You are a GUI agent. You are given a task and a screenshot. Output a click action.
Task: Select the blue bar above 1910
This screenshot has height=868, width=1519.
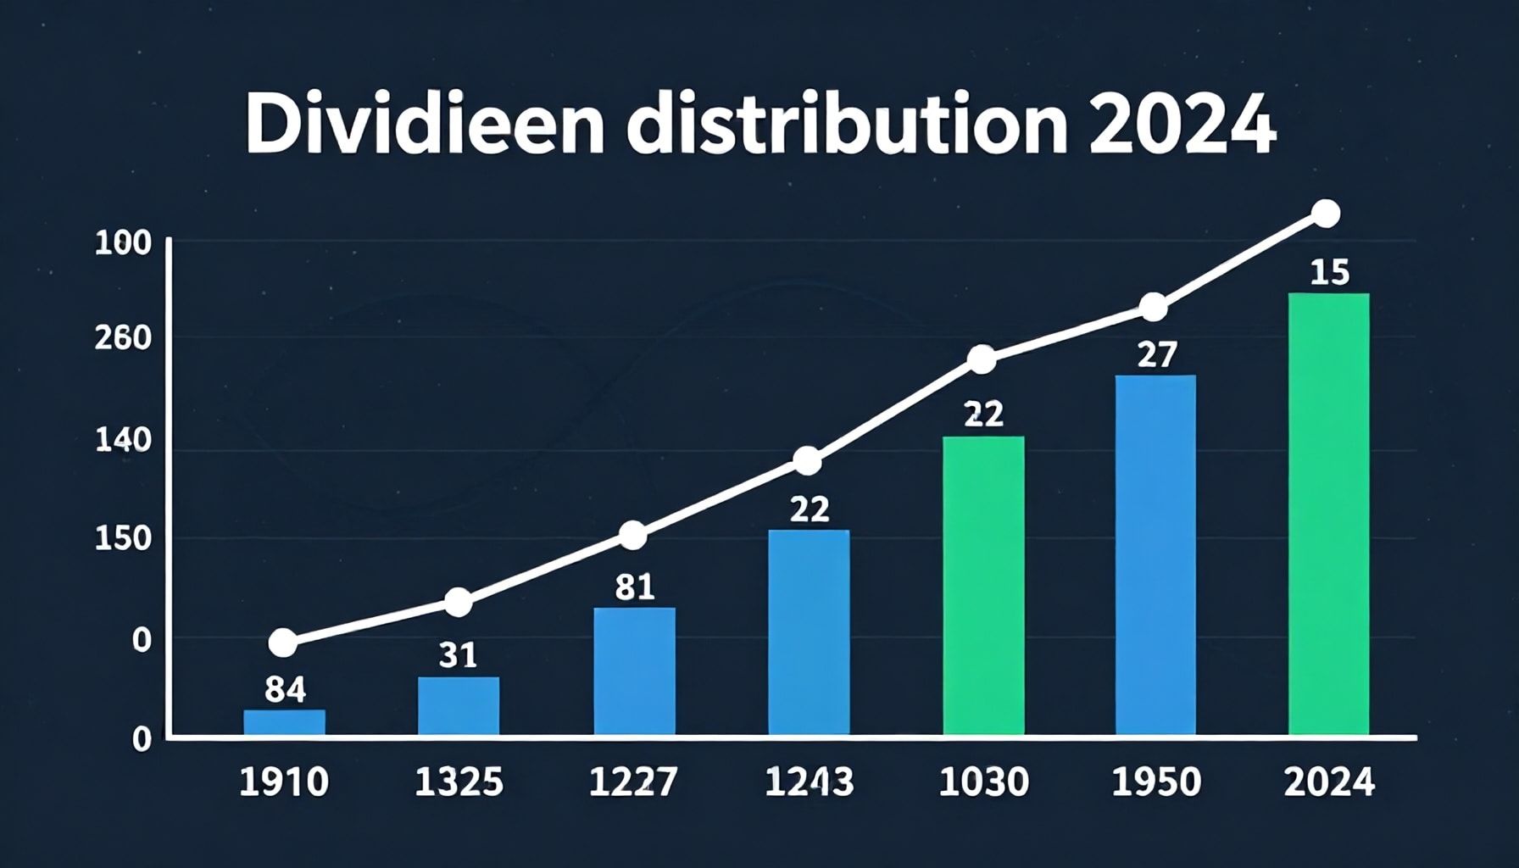click(284, 722)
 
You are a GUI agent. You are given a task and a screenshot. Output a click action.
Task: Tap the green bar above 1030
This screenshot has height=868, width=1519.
click(983, 585)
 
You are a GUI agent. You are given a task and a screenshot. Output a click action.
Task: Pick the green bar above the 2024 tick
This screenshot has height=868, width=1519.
click(1328, 513)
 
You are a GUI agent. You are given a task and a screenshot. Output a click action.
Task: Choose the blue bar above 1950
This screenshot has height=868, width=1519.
click(1155, 555)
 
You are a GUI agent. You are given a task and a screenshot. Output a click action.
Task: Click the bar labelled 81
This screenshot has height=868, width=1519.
click(634, 670)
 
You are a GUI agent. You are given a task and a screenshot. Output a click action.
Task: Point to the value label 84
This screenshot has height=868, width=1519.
click(285, 690)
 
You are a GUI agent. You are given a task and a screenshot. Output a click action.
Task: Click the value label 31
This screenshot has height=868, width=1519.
click(458, 655)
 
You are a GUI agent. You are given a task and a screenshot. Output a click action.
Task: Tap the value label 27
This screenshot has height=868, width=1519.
click(1156, 354)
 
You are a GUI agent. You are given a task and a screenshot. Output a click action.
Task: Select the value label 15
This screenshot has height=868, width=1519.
click(1329, 273)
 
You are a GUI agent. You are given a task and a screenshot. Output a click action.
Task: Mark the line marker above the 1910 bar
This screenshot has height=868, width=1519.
click(283, 643)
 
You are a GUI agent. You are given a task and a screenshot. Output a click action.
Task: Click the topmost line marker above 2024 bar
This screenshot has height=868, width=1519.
click(1326, 214)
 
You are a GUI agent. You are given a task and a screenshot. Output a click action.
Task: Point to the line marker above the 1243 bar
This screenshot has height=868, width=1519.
click(808, 462)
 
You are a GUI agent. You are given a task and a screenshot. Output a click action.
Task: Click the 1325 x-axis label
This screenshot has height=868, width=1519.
click(459, 782)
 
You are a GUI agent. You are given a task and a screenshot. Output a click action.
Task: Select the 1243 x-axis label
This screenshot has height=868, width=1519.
click(809, 782)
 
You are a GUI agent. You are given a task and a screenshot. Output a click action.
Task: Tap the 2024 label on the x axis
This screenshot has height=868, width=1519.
click(1328, 782)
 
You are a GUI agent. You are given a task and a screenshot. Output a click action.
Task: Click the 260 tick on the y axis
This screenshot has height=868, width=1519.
click(123, 339)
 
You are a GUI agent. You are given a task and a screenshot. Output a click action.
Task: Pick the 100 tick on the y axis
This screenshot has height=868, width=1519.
click(123, 244)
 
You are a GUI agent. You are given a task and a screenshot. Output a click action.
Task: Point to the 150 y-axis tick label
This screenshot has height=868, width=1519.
click(123, 539)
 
